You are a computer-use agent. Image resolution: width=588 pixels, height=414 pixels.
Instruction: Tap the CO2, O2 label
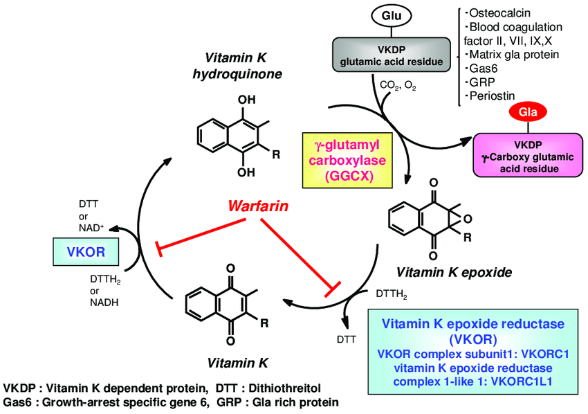[x=398, y=86]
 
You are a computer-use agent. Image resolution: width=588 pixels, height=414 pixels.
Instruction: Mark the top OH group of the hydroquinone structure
[x=245, y=100]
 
